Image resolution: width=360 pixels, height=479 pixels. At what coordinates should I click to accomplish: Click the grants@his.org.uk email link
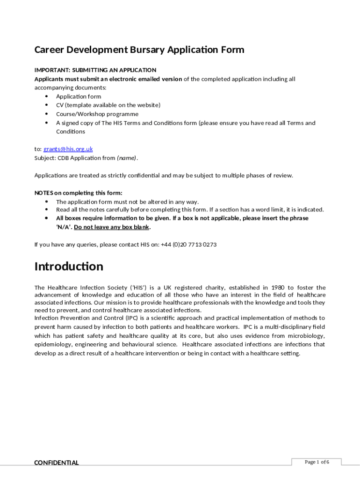(x=68, y=149)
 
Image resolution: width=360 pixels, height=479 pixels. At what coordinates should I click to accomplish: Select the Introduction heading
(x=69, y=267)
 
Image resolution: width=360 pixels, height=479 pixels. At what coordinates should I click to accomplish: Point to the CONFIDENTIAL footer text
(x=57, y=463)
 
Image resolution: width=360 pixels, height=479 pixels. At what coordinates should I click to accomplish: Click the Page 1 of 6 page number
(x=317, y=462)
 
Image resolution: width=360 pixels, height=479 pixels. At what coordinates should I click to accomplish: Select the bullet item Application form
(x=79, y=97)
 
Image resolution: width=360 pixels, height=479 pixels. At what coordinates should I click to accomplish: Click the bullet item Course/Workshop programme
(x=97, y=114)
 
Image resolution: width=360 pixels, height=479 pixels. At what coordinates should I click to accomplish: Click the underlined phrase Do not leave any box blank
(x=112, y=227)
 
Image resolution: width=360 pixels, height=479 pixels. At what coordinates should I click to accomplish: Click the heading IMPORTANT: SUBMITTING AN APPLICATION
(x=95, y=70)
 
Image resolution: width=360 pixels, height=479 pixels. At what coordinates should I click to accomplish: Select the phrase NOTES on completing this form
(x=79, y=193)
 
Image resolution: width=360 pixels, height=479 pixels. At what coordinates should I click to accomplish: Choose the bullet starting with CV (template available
(x=108, y=105)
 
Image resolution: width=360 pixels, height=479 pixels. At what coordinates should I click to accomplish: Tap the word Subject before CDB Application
(x=45, y=158)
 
